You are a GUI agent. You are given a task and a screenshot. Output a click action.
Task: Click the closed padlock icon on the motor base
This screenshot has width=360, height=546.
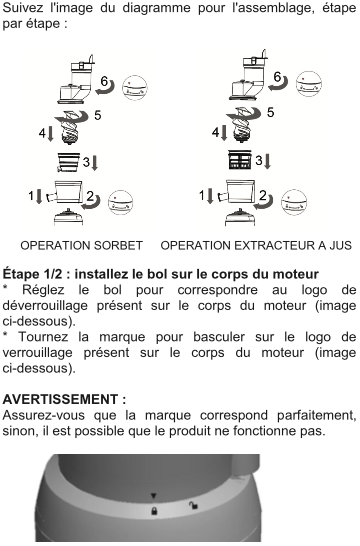154,511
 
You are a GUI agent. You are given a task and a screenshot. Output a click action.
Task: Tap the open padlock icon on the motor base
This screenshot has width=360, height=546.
193,505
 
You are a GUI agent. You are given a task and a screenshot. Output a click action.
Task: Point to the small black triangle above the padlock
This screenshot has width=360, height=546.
154,496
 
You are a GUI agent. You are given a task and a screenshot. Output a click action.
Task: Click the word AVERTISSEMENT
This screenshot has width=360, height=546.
62,399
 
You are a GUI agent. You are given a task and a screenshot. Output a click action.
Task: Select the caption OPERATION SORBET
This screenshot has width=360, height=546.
81,245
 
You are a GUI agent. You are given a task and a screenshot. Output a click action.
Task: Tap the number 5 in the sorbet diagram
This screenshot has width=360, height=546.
97,115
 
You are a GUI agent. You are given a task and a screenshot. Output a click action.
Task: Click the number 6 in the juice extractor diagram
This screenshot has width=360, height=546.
277,77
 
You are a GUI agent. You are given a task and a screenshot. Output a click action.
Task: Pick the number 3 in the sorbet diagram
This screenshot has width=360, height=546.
86,162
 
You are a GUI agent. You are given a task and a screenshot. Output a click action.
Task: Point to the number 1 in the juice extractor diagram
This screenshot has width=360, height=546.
201,196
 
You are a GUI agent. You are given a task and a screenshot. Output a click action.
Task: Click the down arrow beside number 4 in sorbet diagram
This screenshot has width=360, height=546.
50,134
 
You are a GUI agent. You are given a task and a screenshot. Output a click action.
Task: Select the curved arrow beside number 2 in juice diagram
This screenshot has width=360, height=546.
264,203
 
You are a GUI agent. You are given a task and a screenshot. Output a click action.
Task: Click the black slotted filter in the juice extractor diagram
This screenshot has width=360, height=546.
240,159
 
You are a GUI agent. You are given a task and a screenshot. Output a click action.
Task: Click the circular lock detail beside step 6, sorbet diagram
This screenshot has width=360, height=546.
135,88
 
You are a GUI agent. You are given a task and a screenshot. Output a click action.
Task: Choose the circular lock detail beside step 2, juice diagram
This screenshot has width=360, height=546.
294,202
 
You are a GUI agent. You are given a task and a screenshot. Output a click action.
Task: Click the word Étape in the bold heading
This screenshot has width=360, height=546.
21,274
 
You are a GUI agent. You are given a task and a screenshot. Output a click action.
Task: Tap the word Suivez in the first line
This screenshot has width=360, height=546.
23,8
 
